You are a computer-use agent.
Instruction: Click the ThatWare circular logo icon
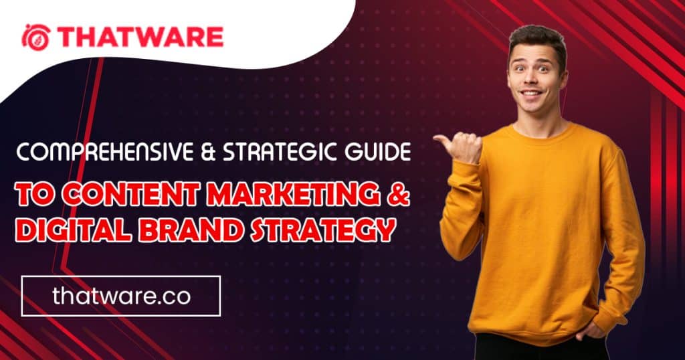pos(36,37)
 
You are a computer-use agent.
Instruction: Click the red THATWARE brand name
pos(140,37)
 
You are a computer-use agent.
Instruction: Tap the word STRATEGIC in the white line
pos(280,152)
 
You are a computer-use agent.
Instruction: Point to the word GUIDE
pos(377,152)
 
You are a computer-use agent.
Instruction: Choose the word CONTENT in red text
pos(130,193)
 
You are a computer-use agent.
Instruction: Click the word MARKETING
pos(293,193)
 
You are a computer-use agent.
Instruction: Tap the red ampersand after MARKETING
pos(399,193)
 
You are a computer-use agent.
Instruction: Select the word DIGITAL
pos(73,230)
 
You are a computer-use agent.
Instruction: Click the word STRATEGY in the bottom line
pos(324,230)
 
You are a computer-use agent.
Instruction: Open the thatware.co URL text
pos(122,296)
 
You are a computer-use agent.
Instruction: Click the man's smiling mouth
pos(532,93)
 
